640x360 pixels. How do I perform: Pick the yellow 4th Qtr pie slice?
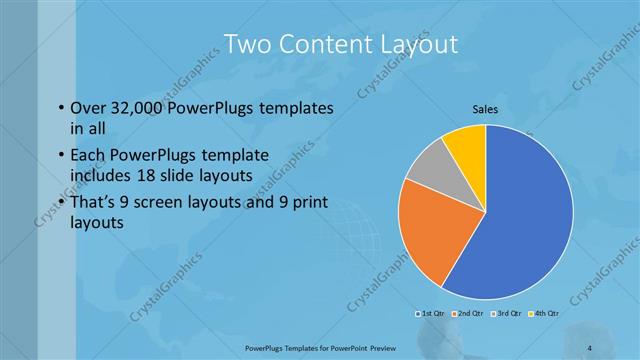(466, 143)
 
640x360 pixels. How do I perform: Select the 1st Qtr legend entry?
(432, 313)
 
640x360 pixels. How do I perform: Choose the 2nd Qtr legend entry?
(468, 313)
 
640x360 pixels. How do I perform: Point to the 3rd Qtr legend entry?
(505, 313)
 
